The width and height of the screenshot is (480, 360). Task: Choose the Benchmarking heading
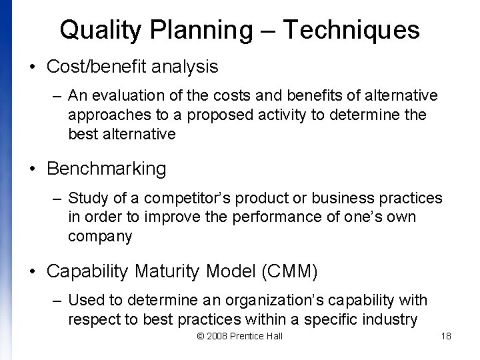click(x=107, y=169)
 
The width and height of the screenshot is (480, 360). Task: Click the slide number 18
click(x=446, y=336)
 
